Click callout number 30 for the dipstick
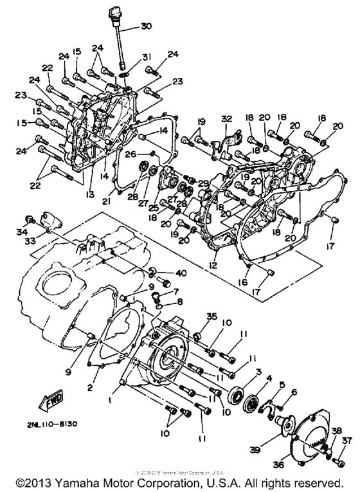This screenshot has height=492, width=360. pos(146,26)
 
